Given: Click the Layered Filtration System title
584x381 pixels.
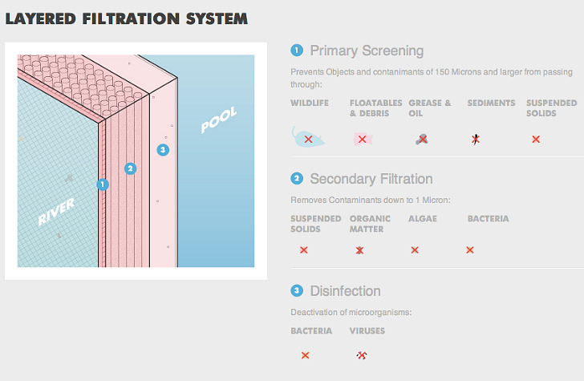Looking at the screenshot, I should click(126, 18).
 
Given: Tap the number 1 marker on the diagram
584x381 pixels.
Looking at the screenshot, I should click(103, 184).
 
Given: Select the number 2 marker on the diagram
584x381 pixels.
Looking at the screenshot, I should click(130, 168).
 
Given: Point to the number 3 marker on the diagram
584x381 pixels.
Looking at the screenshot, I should click(164, 149).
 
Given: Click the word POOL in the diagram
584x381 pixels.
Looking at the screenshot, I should click(219, 121).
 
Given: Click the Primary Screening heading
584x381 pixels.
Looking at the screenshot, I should click(366, 51).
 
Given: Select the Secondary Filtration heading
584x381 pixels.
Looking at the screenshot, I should click(371, 179).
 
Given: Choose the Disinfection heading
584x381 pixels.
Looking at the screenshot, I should click(345, 290).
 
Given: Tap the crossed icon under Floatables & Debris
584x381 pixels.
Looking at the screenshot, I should click(362, 140).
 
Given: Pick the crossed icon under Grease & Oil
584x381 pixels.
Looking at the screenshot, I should click(421, 139).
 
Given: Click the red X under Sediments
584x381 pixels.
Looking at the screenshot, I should click(476, 139).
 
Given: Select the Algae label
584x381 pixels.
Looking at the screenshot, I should click(423, 218).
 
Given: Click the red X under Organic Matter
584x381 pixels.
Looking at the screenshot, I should click(360, 250).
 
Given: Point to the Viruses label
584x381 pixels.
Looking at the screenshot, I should click(367, 330).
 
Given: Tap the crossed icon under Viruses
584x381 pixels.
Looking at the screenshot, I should click(361, 355).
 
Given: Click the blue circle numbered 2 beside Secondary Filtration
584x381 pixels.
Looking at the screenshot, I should click(297, 179).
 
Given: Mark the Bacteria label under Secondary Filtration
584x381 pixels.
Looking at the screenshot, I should click(488, 218).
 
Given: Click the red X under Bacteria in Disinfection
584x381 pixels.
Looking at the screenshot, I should click(305, 355).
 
